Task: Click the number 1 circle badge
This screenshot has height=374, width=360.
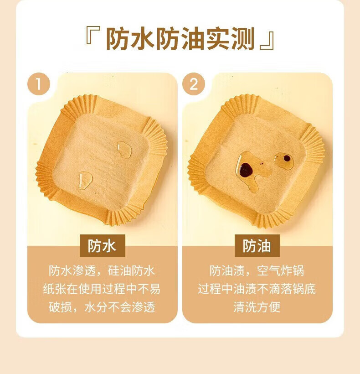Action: tap(39, 84)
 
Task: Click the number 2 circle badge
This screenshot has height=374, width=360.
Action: tap(194, 84)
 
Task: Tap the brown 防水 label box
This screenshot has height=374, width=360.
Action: tap(103, 246)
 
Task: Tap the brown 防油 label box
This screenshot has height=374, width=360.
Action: tap(257, 246)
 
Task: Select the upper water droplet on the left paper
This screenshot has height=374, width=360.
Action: tap(124, 150)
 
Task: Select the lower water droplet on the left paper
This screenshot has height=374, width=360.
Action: tap(85, 181)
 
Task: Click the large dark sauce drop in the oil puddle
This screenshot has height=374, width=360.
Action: tap(246, 170)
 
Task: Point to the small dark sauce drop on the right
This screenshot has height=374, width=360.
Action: tap(287, 158)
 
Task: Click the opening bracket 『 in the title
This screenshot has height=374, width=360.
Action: tap(93, 36)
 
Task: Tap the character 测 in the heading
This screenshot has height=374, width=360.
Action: tap(243, 39)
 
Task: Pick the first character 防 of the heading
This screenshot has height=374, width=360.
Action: tap(118, 39)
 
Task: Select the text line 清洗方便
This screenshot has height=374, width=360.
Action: tap(257, 307)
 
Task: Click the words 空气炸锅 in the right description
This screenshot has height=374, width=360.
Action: tap(281, 271)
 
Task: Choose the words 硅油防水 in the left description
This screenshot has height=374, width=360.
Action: tap(132, 271)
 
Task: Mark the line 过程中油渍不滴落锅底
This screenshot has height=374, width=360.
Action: tap(257, 289)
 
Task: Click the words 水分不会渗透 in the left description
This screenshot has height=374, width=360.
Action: tap(120, 307)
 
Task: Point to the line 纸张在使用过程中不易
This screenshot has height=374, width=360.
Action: tap(102, 289)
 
